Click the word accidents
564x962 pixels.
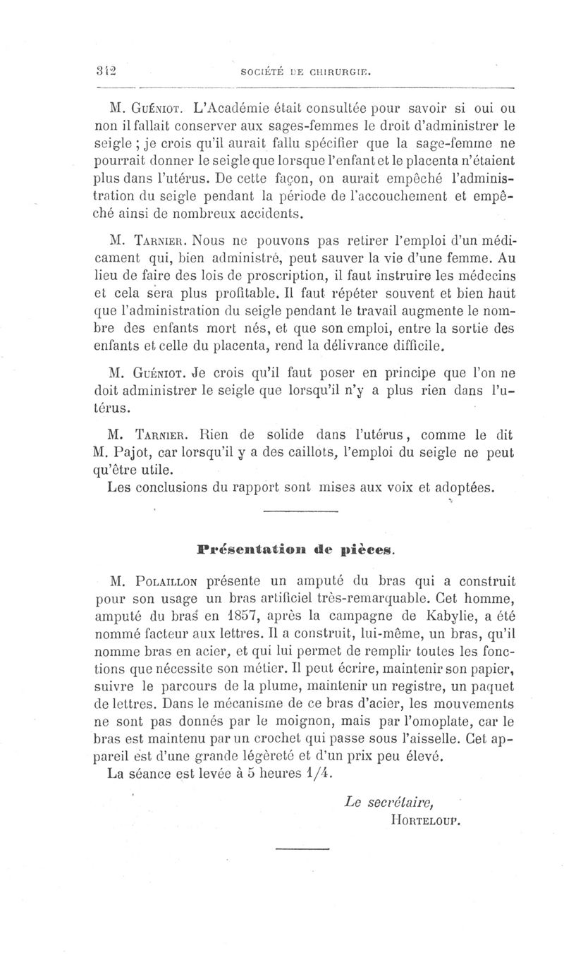(x=269, y=212)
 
